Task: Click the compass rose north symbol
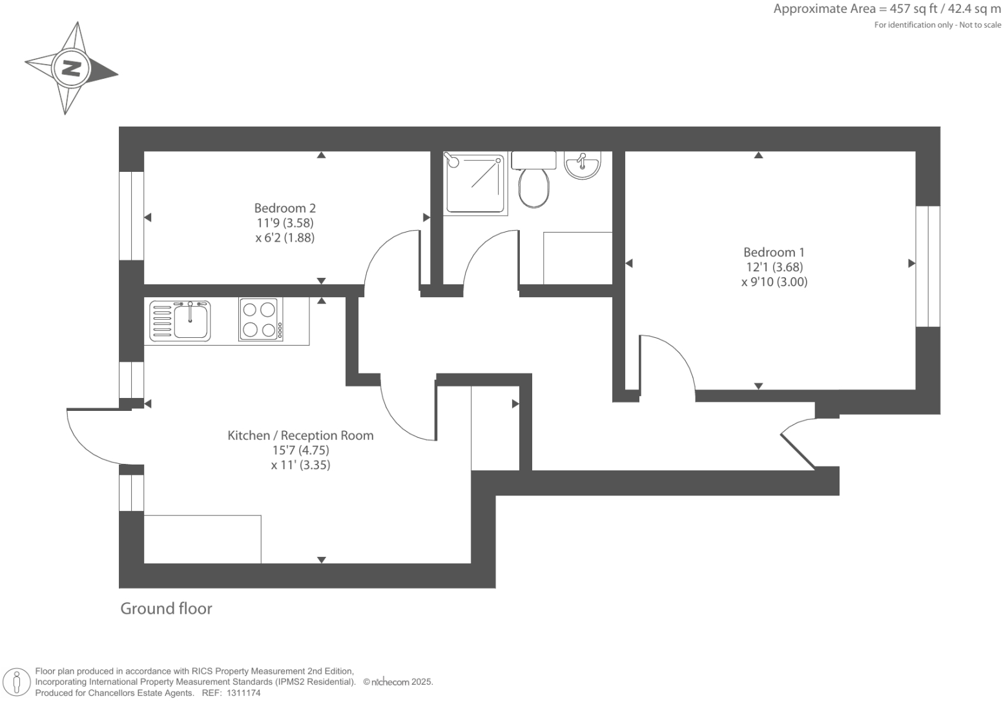[x=70, y=68]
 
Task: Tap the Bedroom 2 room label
[x=285, y=208]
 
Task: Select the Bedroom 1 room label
[x=774, y=253]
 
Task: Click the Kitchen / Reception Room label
[x=300, y=435]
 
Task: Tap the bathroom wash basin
[x=583, y=164]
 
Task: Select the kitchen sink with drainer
[x=180, y=320]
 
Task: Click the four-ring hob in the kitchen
[x=260, y=319]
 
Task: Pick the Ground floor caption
[x=166, y=609]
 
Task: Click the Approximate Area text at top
[x=887, y=9]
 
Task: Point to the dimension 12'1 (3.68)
[x=774, y=267]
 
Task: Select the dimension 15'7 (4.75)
[x=300, y=450]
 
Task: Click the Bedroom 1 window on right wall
[x=928, y=266]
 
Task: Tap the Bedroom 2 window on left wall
[x=131, y=216]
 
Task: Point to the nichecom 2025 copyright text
[x=398, y=682]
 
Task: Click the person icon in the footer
[x=17, y=682]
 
